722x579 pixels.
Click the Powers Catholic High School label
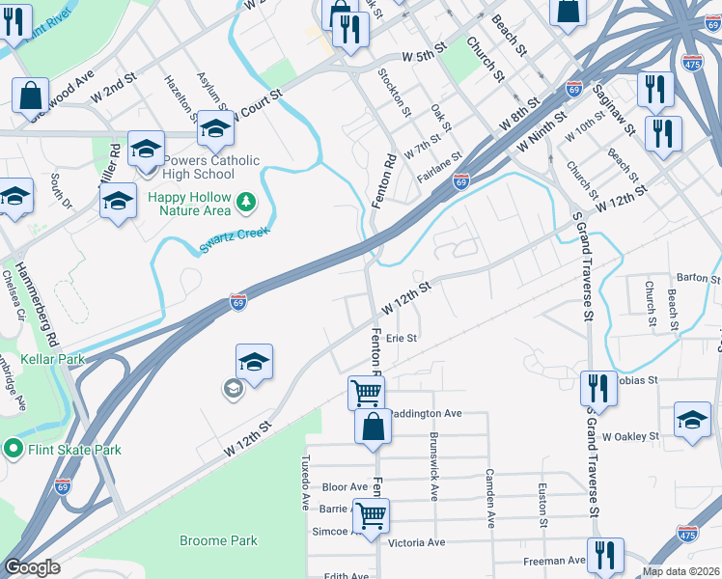tap(200, 167)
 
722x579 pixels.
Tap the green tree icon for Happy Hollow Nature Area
tap(248, 201)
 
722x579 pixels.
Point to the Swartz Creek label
tap(235, 238)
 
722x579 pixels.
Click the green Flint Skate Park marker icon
tap(13, 449)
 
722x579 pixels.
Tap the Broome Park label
tap(218, 540)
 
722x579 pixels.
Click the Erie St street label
tap(401, 338)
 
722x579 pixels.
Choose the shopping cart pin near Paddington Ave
tap(366, 393)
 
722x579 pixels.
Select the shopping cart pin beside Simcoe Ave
tap(371, 514)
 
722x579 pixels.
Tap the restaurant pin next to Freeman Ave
tap(605, 555)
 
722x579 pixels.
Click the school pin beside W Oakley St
tap(692, 420)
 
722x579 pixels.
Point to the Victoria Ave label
tap(416, 543)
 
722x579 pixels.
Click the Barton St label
tap(692, 277)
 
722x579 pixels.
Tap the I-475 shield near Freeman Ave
tap(687, 534)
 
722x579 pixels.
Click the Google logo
tap(31, 567)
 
